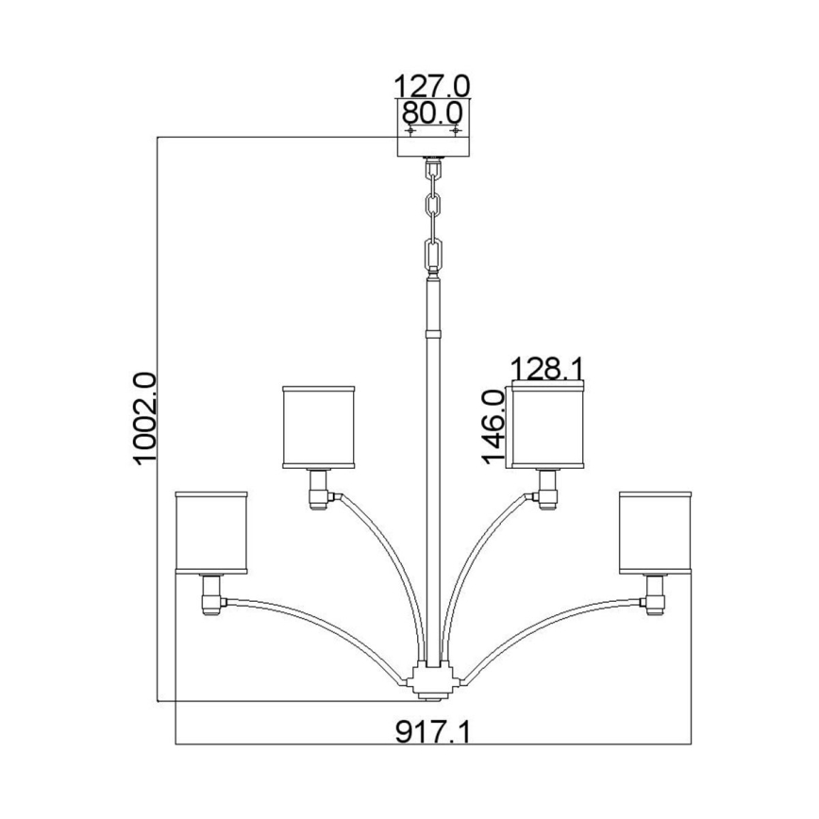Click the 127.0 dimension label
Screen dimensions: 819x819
pos(431,85)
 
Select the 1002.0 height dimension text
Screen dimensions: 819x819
pos(144,418)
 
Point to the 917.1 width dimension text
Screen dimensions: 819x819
pos(431,731)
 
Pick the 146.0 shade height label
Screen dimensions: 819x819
pos(496,426)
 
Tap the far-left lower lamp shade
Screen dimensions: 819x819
pos(211,531)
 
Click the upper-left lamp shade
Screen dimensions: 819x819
pos(319,426)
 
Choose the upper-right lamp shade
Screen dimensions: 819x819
pos(547,426)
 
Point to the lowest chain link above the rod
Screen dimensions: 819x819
pos(433,256)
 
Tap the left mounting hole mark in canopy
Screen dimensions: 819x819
pos(409,129)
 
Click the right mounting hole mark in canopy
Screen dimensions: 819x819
pos(456,129)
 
